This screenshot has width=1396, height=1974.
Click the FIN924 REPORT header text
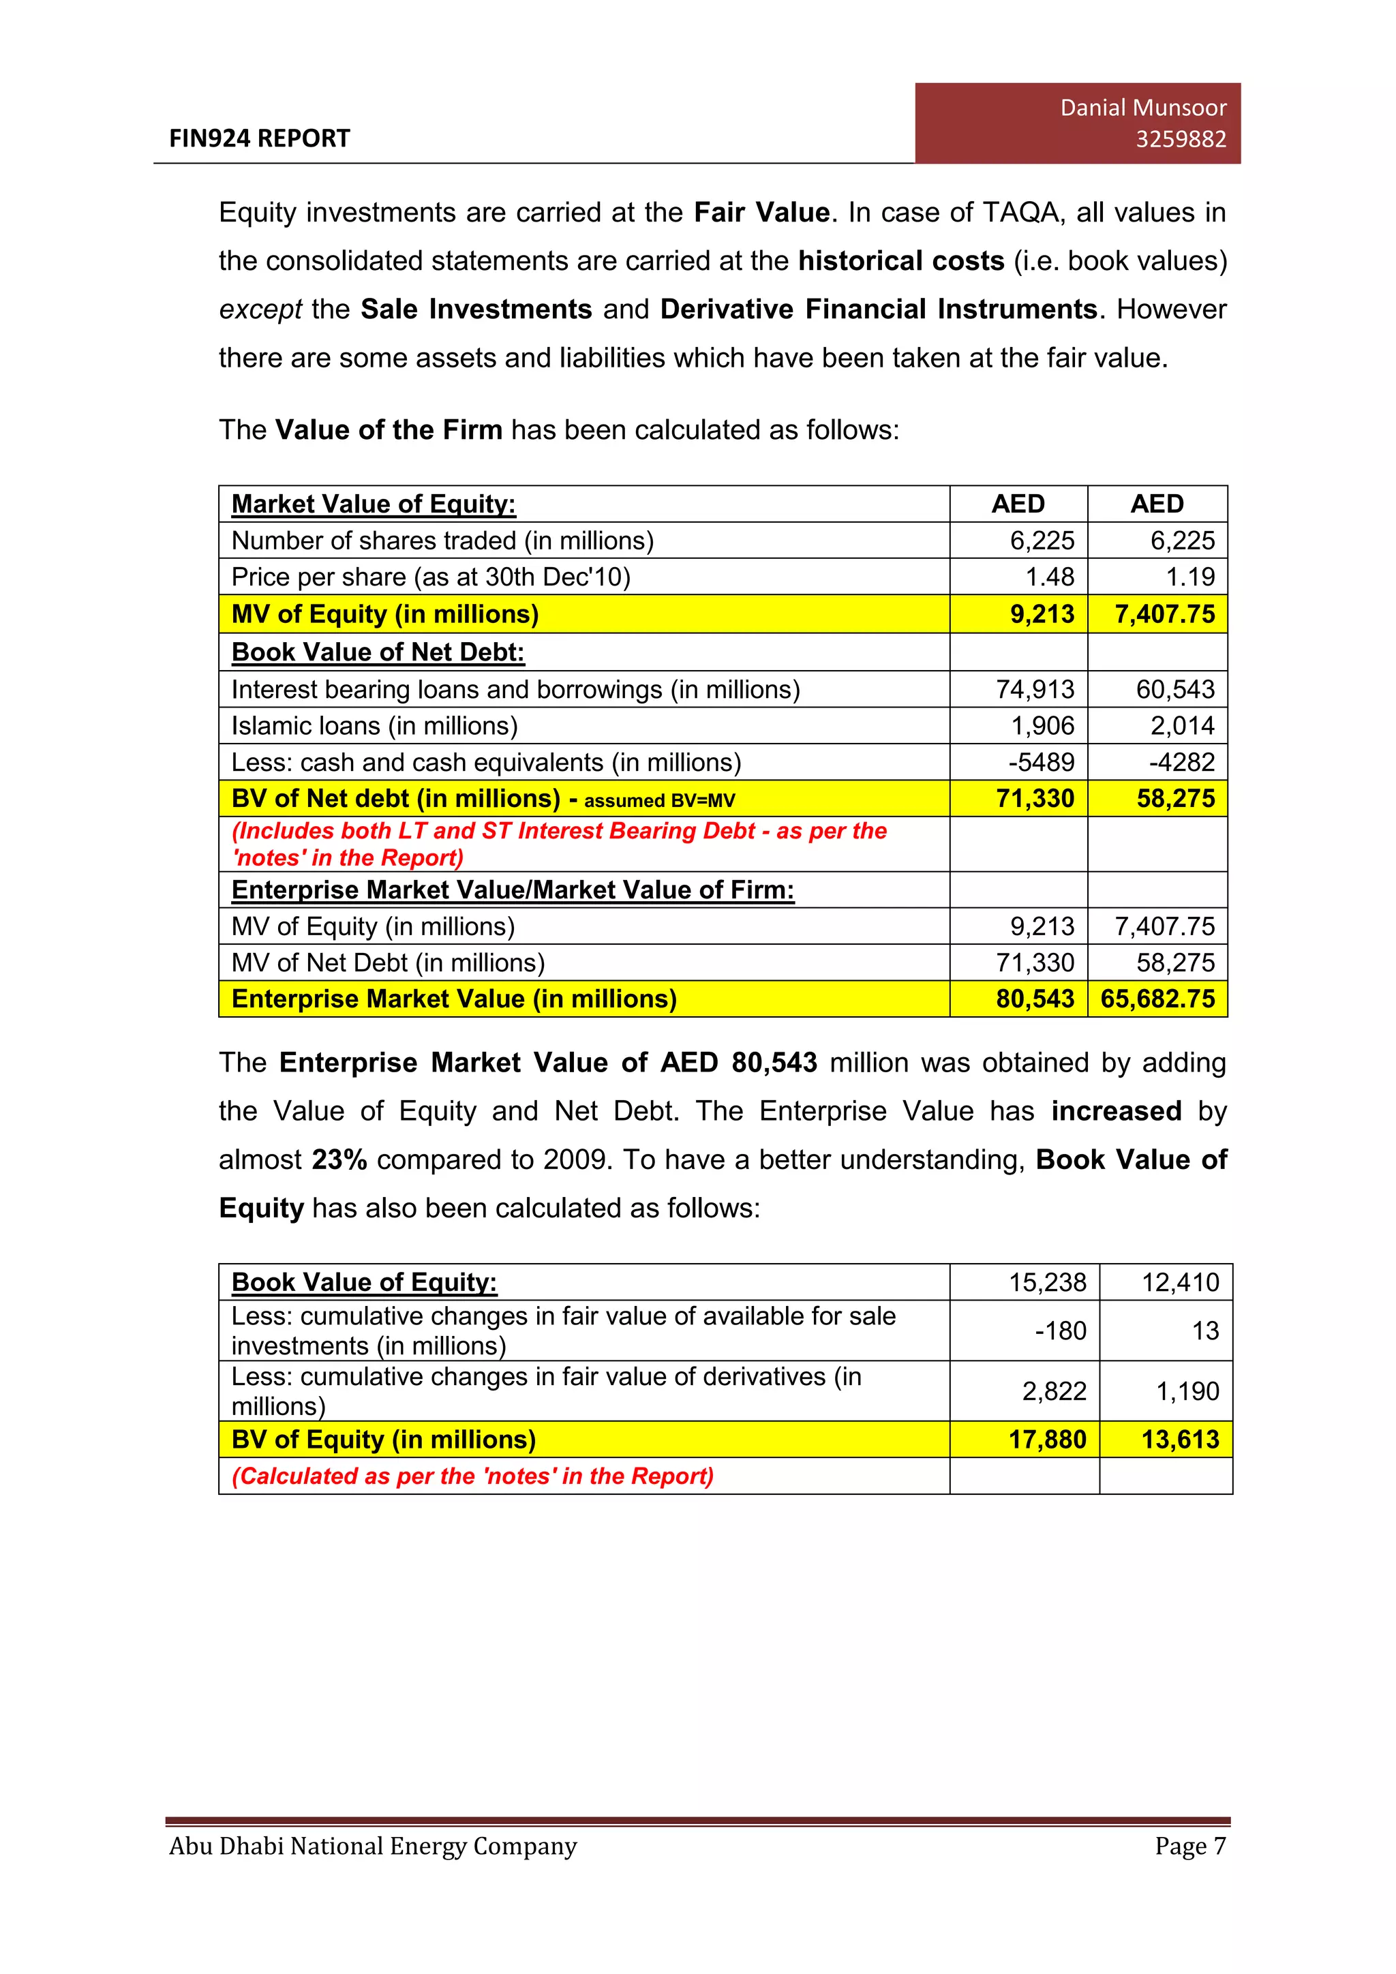pos(260,138)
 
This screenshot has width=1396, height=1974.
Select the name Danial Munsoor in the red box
pos(1142,108)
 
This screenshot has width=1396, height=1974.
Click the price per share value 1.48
pos(1050,577)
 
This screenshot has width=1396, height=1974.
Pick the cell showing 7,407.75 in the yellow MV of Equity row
pos(1164,614)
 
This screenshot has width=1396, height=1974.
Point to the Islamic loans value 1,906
pos(1042,726)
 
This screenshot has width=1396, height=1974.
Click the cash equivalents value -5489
pos(1041,763)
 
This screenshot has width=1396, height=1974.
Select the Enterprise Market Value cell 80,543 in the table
pos(1035,999)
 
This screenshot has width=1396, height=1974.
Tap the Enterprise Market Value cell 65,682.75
pos(1157,999)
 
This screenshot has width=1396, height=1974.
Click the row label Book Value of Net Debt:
pos(378,652)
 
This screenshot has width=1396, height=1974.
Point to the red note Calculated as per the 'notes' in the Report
pos(473,1476)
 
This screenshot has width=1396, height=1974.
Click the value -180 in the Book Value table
pos(1060,1331)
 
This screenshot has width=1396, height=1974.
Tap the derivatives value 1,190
pos(1187,1391)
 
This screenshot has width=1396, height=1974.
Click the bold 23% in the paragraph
pos(339,1160)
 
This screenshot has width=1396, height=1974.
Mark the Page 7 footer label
pos(1189,1846)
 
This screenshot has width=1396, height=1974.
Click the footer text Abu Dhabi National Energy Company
pos(373,1846)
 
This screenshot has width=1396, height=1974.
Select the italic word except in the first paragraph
pos(260,309)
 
